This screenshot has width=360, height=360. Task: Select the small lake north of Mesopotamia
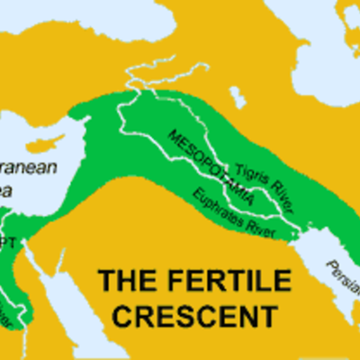click(x=238, y=94)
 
